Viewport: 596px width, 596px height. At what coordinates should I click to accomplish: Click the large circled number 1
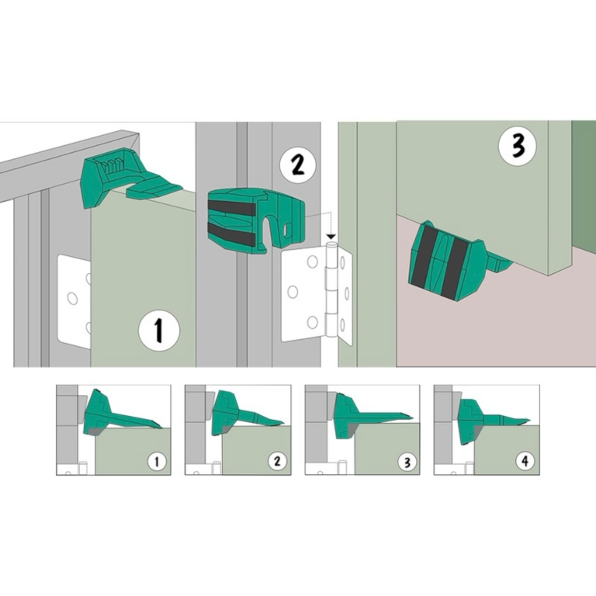(158, 330)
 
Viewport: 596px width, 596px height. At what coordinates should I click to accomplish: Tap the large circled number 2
(298, 166)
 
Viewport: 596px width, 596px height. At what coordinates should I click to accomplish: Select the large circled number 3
(518, 146)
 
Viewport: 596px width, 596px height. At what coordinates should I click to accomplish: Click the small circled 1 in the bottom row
(157, 462)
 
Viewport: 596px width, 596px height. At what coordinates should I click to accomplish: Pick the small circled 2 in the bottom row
(278, 461)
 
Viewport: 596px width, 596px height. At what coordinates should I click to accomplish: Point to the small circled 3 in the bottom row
(407, 463)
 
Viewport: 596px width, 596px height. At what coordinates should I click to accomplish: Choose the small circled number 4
(525, 461)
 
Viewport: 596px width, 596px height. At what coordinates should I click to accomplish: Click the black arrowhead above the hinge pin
(331, 237)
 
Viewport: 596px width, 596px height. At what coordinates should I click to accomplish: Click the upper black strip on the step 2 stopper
(231, 207)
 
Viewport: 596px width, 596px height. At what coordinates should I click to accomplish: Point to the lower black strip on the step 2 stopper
(231, 233)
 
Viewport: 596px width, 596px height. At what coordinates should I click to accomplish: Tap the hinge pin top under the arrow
(331, 244)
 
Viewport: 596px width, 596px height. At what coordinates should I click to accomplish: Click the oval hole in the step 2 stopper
(288, 230)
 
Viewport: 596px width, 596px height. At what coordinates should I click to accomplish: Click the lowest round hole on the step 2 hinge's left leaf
(313, 322)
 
